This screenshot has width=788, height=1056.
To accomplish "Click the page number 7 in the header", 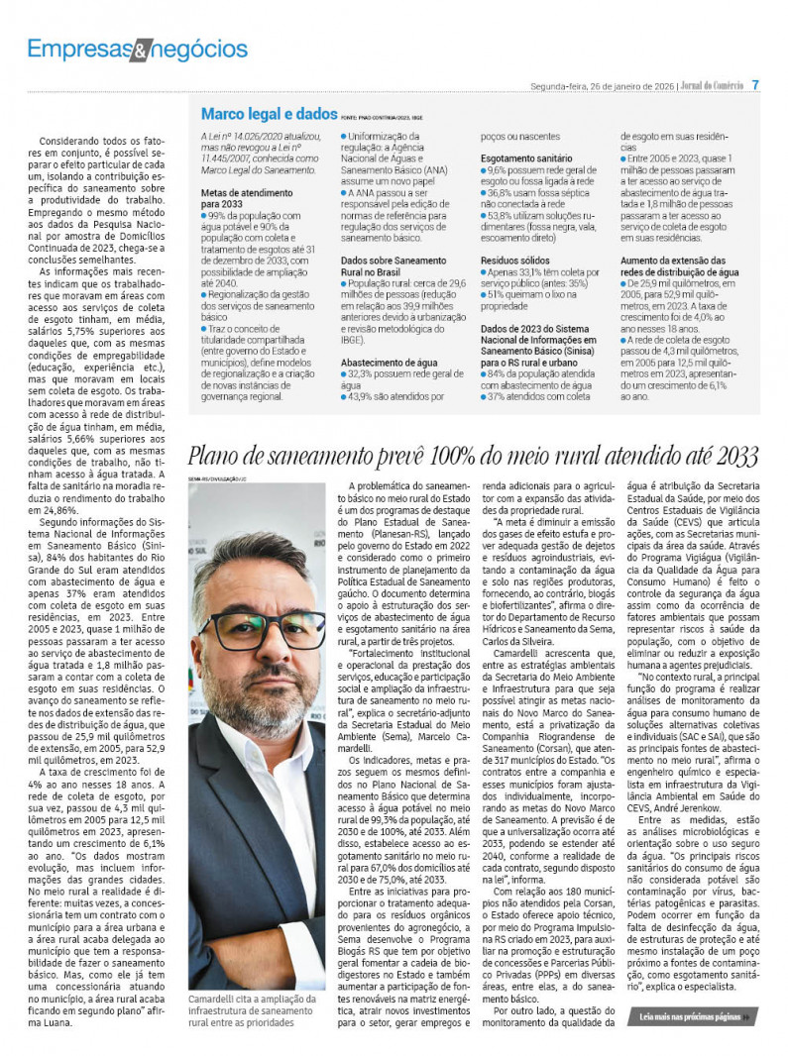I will click(755, 85).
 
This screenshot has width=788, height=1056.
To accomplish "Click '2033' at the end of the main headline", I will click(735, 457).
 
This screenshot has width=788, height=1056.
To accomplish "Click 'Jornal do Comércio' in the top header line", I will click(710, 86).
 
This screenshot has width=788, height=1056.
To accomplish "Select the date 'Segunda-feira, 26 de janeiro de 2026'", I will click(602, 86).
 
